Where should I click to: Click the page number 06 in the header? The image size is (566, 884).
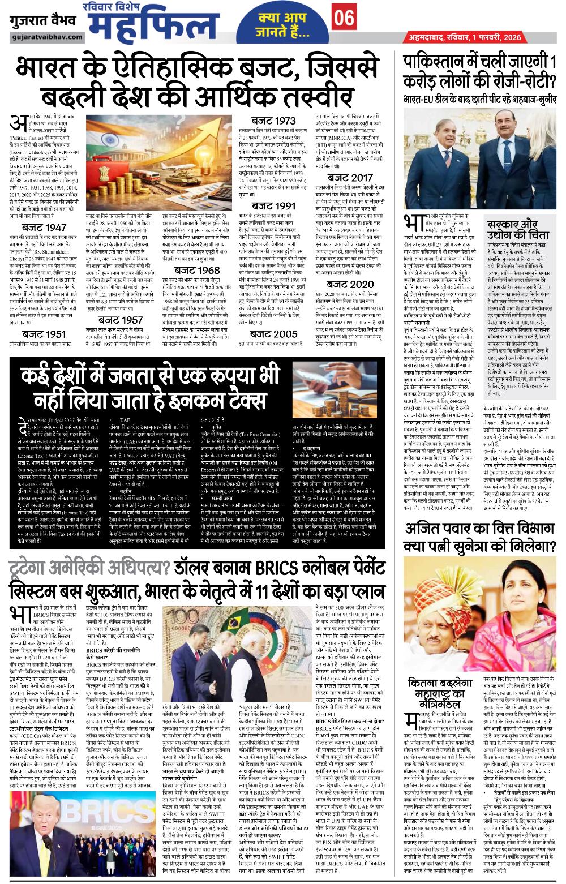pyautogui.click(x=344, y=19)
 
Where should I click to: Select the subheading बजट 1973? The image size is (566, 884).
pyautogui.click(x=273, y=120)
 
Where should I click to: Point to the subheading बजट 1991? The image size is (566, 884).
pyautogui.click(x=273, y=205)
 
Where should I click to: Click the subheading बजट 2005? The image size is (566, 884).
pyautogui.click(x=274, y=334)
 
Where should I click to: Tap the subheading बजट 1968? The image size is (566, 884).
pyautogui.click(x=197, y=270)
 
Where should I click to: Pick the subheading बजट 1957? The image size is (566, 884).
pyautogui.click(x=120, y=320)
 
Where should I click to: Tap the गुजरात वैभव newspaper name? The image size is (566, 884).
pyautogui.click(x=38, y=22)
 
